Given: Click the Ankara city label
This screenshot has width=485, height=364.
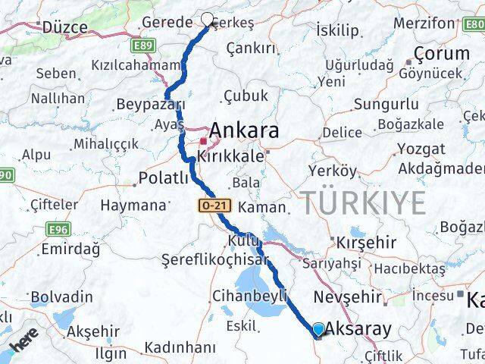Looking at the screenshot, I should pos(244,130).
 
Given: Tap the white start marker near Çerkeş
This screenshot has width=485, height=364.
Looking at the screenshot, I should pos(208,20).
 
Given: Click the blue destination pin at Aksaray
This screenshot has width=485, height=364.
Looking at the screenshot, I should pos(318,329).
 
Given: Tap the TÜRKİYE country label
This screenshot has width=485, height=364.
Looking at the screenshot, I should pos(364,202).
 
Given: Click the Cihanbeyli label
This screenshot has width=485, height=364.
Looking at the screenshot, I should pos(238,295).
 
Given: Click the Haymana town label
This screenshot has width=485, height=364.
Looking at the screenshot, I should pos(133,205).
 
